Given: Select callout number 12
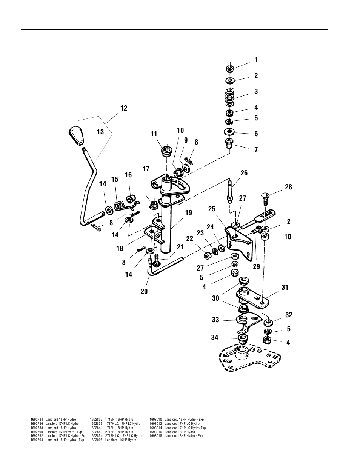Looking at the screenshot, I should click(x=124, y=108).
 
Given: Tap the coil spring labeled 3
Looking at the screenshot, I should click(x=230, y=98).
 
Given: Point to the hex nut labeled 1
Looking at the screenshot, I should click(x=229, y=69).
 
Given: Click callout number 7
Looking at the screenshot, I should click(x=256, y=150).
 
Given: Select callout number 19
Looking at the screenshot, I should click(x=188, y=213).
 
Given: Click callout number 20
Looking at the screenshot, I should click(x=144, y=291).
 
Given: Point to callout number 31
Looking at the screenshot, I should click(x=285, y=288).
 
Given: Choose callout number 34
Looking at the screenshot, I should click(x=215, y=337).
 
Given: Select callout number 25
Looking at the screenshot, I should click(x=211, y=209).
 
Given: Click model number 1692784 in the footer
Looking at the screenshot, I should click(x=37, y=420).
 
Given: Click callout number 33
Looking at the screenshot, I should click(x=215, y=320).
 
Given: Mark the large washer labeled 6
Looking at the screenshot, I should click(x=228, y=132).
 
